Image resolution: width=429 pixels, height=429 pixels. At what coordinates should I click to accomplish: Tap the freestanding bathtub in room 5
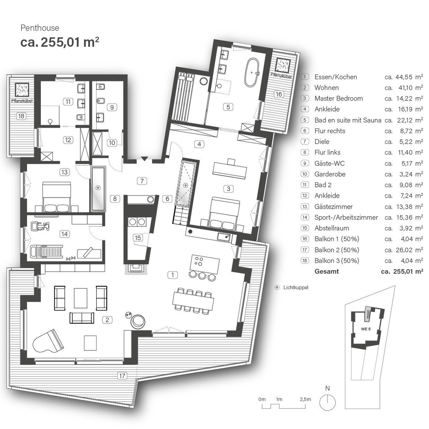253,72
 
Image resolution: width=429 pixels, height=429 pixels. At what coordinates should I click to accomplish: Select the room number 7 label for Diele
142,181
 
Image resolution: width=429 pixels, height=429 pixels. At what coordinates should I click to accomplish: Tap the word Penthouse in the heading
40,28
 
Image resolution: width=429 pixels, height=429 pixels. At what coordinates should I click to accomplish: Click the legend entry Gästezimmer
333,207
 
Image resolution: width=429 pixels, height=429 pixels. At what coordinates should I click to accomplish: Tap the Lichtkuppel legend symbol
277,287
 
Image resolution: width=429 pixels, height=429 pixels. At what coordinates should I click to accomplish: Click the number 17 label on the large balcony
122,375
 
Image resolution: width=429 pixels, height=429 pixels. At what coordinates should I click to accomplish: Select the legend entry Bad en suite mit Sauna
347,120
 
